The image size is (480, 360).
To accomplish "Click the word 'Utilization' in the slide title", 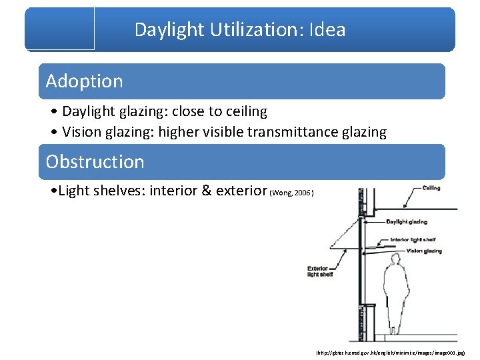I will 240,29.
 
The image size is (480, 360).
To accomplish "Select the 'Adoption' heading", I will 84,81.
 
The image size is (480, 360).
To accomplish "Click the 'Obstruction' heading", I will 95,162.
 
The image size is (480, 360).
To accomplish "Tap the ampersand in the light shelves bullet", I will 206,191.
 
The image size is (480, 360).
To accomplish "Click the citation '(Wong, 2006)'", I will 292,193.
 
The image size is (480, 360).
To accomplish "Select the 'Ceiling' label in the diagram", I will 431,188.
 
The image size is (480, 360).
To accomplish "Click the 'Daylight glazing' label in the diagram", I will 406,222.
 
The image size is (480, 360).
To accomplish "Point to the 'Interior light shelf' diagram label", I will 413,239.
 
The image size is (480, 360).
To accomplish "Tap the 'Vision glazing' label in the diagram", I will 424,251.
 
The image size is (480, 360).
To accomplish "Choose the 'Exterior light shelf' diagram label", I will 320,271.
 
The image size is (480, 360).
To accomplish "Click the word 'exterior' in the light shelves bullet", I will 241,191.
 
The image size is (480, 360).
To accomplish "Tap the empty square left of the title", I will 60,28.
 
